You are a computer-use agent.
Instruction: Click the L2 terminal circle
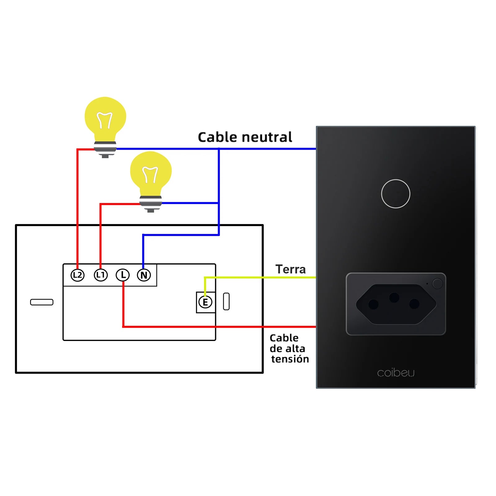tap(77, 275)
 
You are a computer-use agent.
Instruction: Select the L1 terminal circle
tap(101, 275)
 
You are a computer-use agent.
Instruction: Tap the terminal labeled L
tap(123, 275)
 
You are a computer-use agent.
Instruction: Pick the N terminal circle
tap(144, 275)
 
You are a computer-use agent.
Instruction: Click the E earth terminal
tap(205, 302)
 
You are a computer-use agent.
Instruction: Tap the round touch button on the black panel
tap(396, 194)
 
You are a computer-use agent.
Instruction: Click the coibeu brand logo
tap(396, 373)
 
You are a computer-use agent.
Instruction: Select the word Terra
tap(290, 269)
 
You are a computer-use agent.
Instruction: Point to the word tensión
tap(290, 359)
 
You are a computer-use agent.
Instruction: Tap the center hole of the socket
tap(394, 298)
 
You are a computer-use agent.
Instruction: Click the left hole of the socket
tap(374, 304)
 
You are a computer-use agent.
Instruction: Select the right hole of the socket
tap(414, 304)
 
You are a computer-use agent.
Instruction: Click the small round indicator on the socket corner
tap(437, 283)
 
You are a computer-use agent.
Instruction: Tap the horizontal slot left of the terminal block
tap(42, 302)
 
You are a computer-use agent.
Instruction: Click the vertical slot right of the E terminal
tap(226, 301)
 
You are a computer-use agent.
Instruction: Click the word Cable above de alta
tap(284, 338)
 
